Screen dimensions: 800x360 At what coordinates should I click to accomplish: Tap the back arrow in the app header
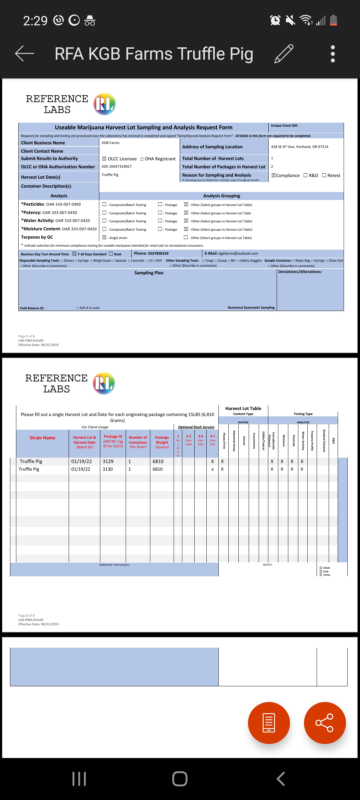[x=25, y=53]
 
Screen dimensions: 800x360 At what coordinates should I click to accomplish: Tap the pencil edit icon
[x=284, y=53]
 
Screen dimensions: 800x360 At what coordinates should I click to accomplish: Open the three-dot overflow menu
[x=332, y=54]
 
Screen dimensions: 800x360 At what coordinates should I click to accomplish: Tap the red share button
[x=325, y=723]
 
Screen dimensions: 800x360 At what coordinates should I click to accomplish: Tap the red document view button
[x=269, y=723]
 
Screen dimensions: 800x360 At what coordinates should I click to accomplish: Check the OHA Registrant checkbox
[x=142, y=159]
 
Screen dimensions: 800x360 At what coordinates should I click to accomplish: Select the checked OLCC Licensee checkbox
[x=104, y=159]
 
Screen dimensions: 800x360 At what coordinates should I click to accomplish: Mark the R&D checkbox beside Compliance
[x=305, y=175]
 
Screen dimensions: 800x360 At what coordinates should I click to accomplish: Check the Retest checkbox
[x=324, y=175]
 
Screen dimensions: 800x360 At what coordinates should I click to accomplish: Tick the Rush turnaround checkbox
[x=111, y=254]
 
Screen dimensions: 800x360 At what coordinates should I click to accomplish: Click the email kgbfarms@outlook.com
[x=238, y=253]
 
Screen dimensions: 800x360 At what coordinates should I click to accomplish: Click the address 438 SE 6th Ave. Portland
[x=299, y=147]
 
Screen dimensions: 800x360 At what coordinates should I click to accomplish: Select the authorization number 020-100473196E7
[x=117, y=166]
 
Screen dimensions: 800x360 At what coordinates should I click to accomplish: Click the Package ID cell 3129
[x=108, y=461]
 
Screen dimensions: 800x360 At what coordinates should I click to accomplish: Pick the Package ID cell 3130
[x=108, y=469]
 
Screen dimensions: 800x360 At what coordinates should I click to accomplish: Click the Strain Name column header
[x=42, y=438]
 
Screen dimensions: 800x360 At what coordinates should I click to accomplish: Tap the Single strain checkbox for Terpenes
[x=104, y=237]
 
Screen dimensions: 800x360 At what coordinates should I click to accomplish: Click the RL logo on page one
[x=105, y=104]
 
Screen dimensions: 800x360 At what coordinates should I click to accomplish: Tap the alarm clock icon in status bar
[x=275, y=20]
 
